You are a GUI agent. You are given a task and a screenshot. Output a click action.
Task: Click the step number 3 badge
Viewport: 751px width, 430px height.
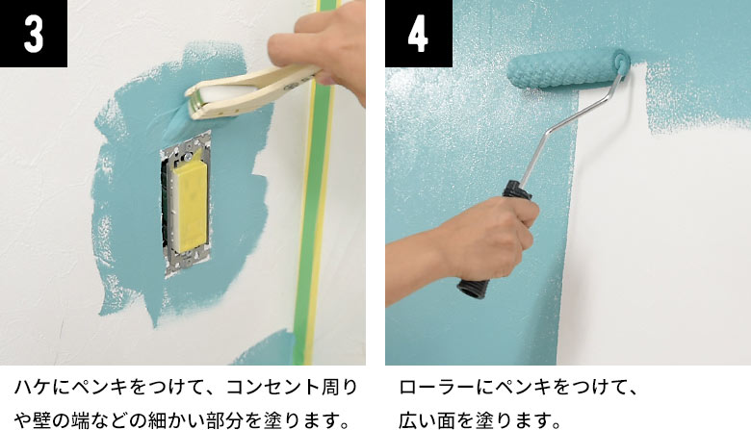(x=34, y=34)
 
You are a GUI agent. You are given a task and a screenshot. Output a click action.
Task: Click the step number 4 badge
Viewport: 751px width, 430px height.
(x=418, y=34)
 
